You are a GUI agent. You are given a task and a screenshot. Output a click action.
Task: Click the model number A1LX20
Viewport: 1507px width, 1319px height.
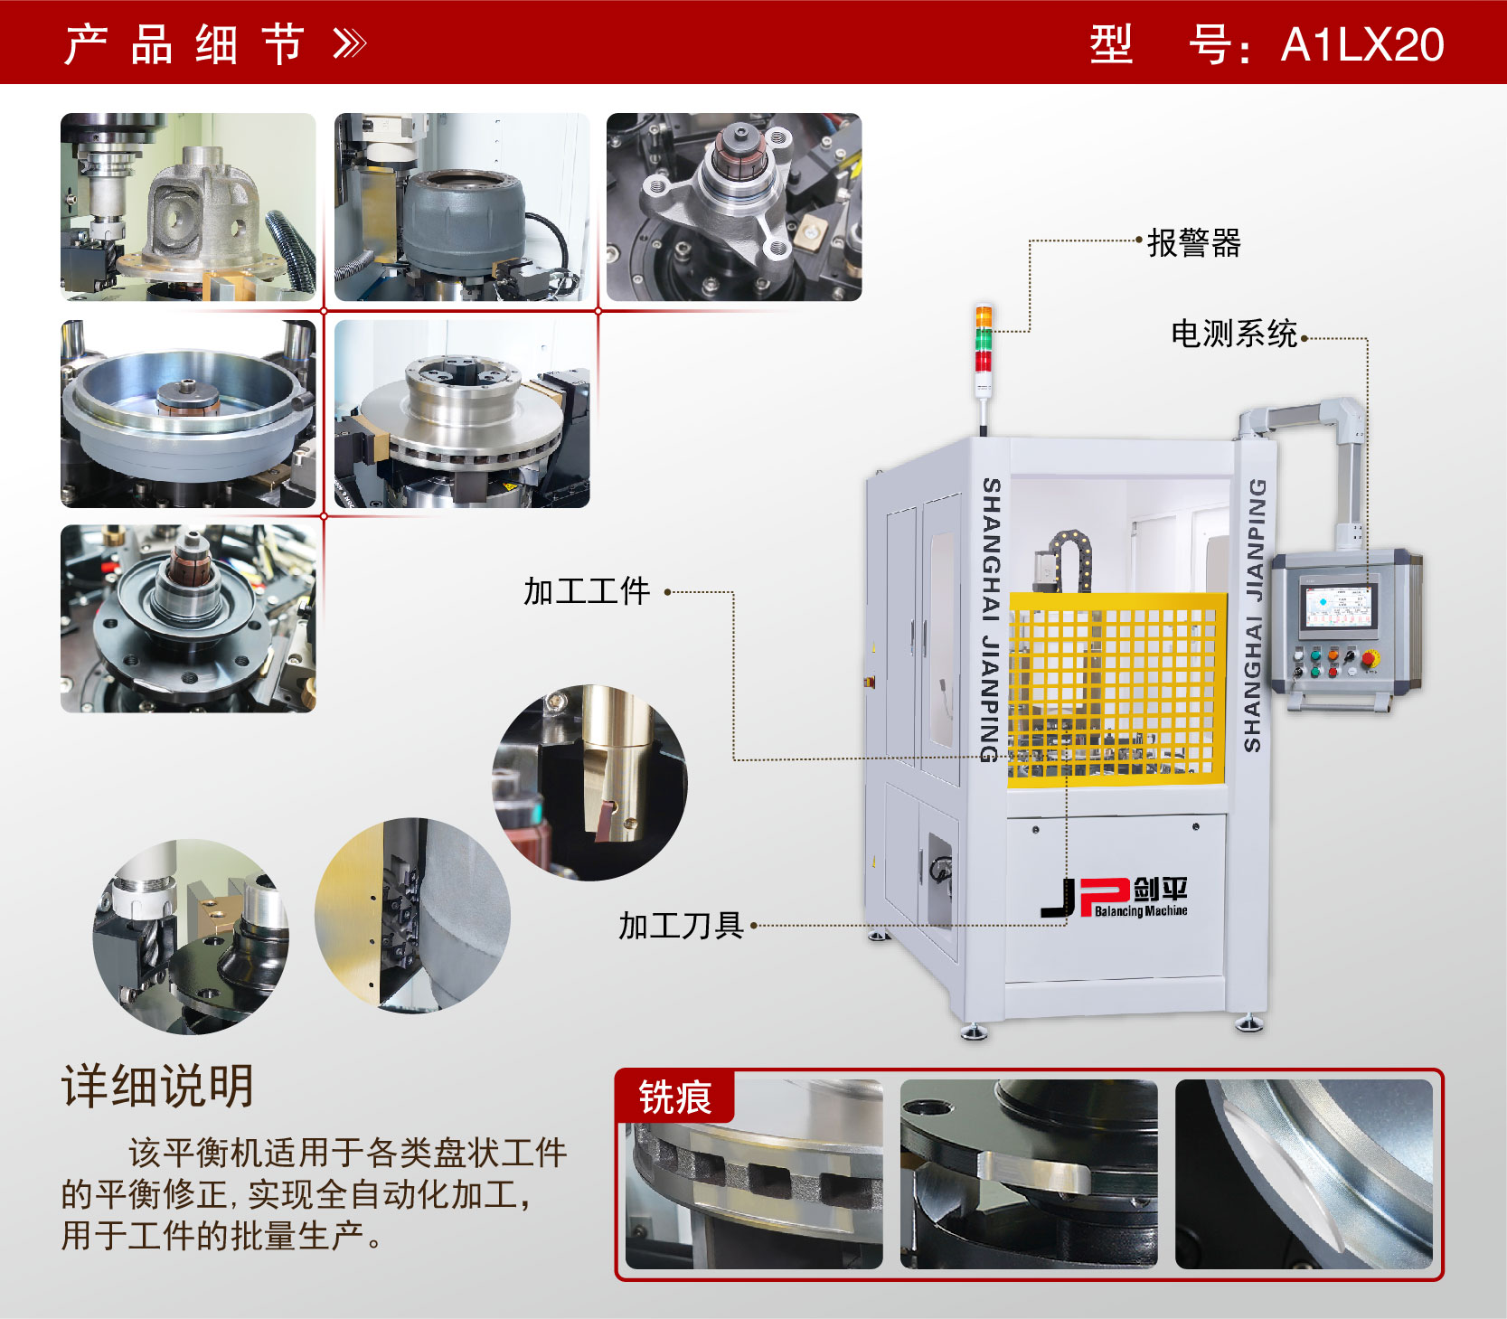[x=1361, y=44]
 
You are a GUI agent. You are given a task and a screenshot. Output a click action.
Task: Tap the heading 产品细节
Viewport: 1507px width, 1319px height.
[x=184, y=44]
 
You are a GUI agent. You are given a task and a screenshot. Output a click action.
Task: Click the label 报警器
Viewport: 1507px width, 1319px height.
[x=1194, y=242]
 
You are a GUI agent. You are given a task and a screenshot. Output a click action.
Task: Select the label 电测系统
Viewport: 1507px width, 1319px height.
[x=1234, y=334]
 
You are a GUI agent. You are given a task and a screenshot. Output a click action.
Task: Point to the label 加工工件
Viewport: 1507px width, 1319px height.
[x=587, y=591]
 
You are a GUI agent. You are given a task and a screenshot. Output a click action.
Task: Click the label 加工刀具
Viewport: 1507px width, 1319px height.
[x=681, y=925]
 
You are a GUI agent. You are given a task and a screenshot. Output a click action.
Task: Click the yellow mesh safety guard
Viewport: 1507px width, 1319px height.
[x=1116, y=687]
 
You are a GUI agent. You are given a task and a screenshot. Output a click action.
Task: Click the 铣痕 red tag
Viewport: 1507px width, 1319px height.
[x=674, y=1098]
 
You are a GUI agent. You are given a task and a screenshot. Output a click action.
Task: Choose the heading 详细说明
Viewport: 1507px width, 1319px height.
[x=158, y=1086]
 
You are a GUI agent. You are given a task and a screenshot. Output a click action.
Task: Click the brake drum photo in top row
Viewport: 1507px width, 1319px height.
[x=461, y=207]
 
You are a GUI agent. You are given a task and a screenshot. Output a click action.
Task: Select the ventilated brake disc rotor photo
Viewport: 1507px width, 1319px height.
[x=461, y=413]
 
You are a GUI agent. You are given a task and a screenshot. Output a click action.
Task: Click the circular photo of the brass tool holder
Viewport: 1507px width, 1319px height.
[x=589, y=782]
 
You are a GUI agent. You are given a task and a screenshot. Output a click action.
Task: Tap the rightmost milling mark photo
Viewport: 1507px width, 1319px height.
[x=1303, y=1173]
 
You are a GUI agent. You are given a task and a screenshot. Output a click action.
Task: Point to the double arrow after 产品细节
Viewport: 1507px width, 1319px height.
[x=350, y=43]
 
